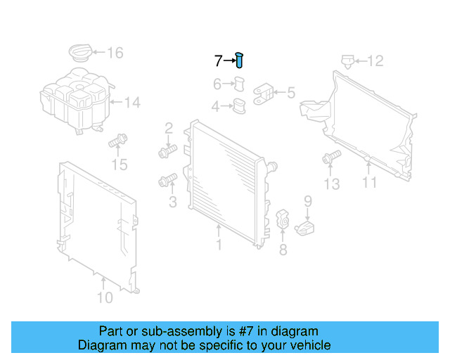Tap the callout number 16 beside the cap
pyautogui.click(x=114, y=53)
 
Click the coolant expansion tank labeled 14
pyautogui.click(x=74, y=103)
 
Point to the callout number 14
pyautogui.click(x=132, y=103)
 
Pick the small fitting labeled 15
pyautogui.click(x=117, y=143)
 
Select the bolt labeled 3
pyautogui.click(x=167, y=182)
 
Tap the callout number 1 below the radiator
pyautogui.click(x=219, y=245)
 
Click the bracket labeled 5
pyautogui.click(x=265, y=93)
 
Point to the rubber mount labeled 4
pyautogui.click(x=240, y=108)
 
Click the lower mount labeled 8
pyautogui.click(x=283, y=219)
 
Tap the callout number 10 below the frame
pyautogui.click(x=104, y=297)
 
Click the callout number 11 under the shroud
pyautogui.click(x=369, y=183)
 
